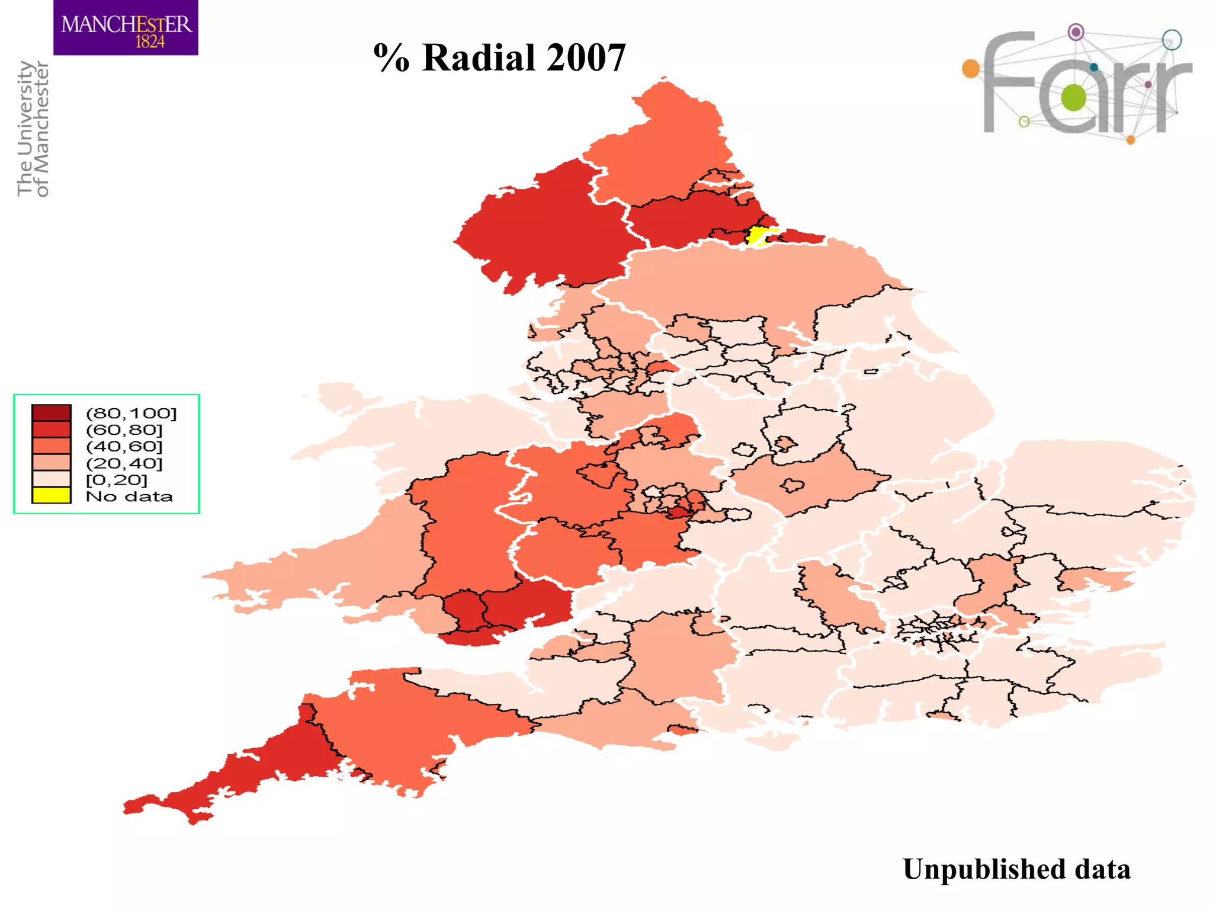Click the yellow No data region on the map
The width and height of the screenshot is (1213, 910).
pos(758,235)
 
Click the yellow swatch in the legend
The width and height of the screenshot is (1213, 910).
pos(52,495)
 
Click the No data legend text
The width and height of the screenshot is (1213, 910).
pos(129,496)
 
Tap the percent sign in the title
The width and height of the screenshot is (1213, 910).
pos(391,58)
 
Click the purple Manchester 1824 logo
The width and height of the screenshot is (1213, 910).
pos(126,28)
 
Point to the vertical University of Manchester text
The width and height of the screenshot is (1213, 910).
pos(33,129)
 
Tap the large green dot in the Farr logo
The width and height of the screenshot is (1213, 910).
pos(1073,98)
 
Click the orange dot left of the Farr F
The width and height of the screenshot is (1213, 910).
pos(971,69)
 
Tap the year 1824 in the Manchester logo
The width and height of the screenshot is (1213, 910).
pos(150,42)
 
